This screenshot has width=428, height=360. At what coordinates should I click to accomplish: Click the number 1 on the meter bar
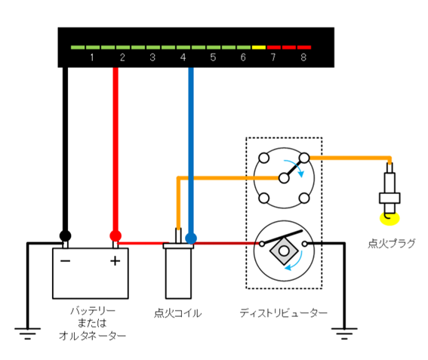tap(91, 57)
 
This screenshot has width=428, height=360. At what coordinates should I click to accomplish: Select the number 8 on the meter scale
tap(303, 57)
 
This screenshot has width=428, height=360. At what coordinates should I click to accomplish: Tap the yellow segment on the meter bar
tap(258, 47)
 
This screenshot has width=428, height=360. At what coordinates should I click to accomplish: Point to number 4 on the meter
tap(183, 57)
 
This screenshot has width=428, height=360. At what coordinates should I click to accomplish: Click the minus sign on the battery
tap(66, 261)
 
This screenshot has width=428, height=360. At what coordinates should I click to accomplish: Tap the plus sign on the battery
tap(115, 261)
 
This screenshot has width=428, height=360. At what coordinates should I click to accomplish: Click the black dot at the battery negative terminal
tap(66, 235)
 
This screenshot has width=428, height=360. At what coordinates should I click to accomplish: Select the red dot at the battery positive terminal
tap(115, 235)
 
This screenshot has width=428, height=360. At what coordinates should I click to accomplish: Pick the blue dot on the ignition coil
tap(191, 238)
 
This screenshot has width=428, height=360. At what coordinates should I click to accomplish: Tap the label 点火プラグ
tap(391, 244)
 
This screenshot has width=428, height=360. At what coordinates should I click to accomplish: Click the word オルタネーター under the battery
tap(92, 337)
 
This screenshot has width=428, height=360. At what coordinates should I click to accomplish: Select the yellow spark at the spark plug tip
tap(390, 219)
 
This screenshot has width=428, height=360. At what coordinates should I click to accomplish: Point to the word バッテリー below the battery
tap(92, 311)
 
